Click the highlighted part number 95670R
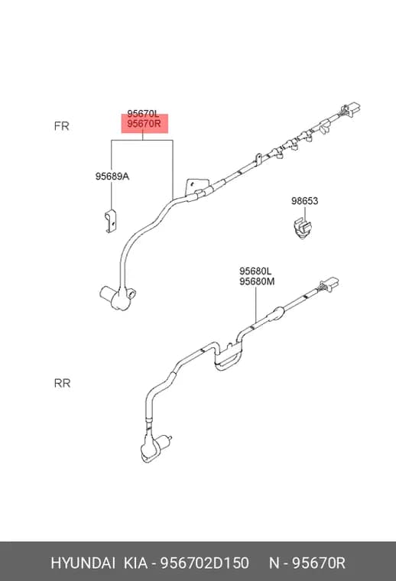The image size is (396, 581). tap(144, 124)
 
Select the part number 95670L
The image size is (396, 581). tap(143, 113)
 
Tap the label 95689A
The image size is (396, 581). tap(112, 177)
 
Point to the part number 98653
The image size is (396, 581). tap(304, 201)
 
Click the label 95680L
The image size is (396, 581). tap(255, 271)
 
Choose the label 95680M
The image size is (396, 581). tap(257, 281)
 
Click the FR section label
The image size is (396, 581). tap(61, 126)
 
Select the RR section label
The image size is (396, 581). tap(62, 383)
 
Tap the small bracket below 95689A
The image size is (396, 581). tap(111, 222)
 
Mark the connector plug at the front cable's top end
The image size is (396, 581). tap(349, 111)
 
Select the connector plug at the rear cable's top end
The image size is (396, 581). tap(329, 284)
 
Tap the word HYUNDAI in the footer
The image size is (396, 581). tap(83, 563)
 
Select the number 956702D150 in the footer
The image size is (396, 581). tap(204, 563)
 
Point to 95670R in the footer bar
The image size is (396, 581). tap(319, 563)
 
